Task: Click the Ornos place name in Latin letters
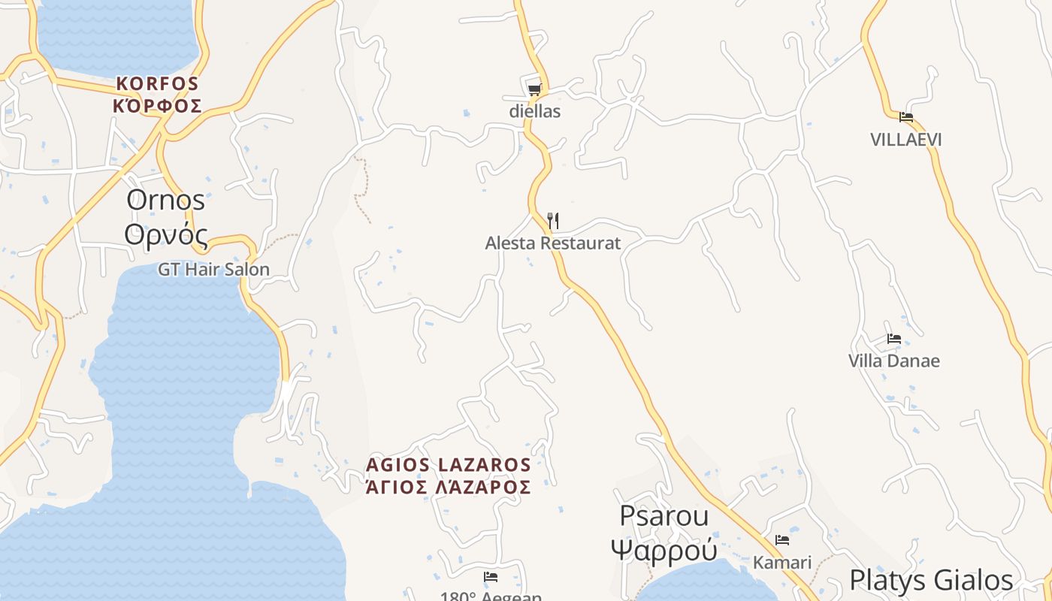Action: point(165,201)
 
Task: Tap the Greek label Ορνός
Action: point(165,234)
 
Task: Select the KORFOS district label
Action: point(157,83)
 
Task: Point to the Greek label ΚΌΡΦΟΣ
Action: point(157,106)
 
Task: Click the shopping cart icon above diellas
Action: point(534,89)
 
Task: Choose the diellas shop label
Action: point(534,111)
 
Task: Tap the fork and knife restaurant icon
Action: point(553,221)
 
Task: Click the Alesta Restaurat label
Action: point(553,243)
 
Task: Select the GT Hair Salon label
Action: point(213,269)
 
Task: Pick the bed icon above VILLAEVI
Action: point(906,117)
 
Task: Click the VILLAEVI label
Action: point(906,140)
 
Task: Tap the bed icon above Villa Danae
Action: point(894,339)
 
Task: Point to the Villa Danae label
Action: point(894,361)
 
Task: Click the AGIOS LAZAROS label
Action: point(449,465)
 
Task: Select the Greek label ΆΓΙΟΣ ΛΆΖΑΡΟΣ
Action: point(449,488)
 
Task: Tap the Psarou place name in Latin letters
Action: point(664,516)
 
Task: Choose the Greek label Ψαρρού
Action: point(664,550)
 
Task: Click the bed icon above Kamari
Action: point(782,540)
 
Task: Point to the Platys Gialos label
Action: point(931,581)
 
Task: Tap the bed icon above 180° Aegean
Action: point(491,577)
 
